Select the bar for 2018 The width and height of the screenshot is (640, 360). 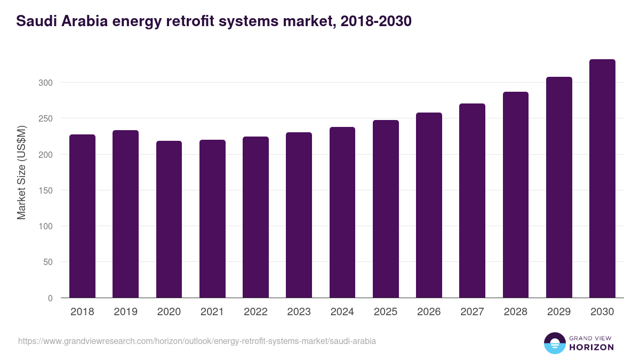82,216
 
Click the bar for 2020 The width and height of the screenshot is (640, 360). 169,219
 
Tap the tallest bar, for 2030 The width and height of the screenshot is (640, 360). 602,179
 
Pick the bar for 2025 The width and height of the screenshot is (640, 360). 386,209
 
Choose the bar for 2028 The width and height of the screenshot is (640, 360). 516,195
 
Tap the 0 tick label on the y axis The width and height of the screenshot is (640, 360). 50,298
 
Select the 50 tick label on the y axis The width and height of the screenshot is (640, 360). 47,262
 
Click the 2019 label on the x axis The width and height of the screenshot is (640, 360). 125,312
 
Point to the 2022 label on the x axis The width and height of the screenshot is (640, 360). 255,312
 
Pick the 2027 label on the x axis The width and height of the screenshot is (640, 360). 472,312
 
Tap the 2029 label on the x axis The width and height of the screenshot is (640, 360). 559,312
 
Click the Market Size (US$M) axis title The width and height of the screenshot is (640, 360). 21,172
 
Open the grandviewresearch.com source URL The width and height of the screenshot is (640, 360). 197,341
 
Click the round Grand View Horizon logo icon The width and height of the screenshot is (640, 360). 554,343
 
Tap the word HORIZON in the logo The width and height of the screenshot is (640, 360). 591,347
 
